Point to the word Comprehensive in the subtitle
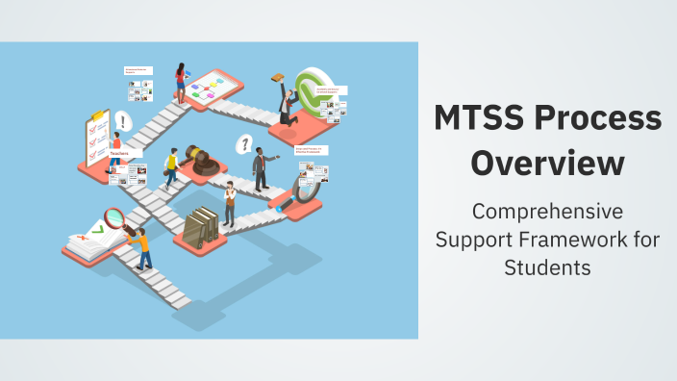click(x=546, y=210)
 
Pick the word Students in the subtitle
click(x=546, y=267)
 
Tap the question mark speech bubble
click(x=245, y=145)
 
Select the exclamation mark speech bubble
click(x=123, y=122)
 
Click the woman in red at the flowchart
click(x=180, y=82)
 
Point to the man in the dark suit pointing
click(x=261, y=168)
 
